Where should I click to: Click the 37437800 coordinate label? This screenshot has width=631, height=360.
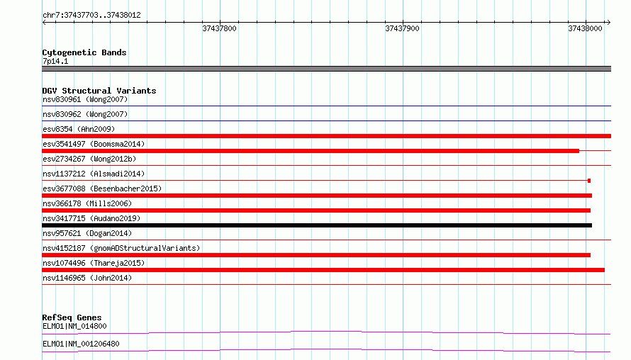click(x=219, y=28)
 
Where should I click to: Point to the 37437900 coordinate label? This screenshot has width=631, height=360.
click(x=402, y=28)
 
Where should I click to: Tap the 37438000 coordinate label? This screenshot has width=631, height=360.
click(x=585, y=28)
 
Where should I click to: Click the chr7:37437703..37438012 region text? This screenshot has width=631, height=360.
click(x=91, y=16)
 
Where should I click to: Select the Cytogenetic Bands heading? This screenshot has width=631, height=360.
click(x=84, y=52)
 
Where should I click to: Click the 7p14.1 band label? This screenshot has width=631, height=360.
click(x=55, y=61)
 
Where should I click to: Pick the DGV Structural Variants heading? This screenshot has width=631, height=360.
click(x=99, y=91)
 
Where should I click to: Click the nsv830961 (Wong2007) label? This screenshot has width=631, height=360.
click(x=85, y=99)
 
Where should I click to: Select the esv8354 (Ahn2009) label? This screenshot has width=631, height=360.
click(x=79, y=129)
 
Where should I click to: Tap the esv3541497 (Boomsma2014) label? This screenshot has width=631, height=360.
click(x=94, y=144)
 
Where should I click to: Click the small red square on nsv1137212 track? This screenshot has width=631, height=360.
click(x=589, y=181)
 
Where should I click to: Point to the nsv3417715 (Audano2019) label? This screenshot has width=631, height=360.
click(x=91, y=218)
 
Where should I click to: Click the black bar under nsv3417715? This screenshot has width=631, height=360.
click(x=317, y=225)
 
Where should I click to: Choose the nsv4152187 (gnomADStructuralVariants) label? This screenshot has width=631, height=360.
click(x=121, y=248)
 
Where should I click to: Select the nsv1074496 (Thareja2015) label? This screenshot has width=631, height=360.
click(x=94, y=263)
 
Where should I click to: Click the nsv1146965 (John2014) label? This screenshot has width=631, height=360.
click(x=87, y=278)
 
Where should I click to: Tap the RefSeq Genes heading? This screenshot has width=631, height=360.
click(x=72, y=317)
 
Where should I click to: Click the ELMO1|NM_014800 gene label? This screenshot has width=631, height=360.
click(x=74, y=326)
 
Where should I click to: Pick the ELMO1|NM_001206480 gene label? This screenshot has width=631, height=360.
click(x=81, y=344)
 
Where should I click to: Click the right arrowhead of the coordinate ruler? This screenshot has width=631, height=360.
click(x=609, y=23)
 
